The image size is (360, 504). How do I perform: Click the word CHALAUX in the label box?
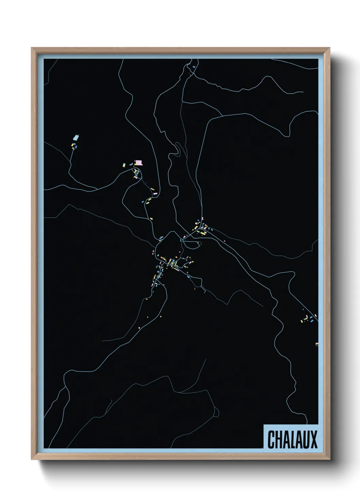(292, 440)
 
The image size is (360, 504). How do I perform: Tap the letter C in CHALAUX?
(272, 440)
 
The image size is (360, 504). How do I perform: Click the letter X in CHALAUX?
(314, 440)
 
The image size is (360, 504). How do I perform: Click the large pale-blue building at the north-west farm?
(76, 138)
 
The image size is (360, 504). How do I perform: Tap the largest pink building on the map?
(138, 162)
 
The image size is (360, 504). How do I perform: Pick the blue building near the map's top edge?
(194, 67)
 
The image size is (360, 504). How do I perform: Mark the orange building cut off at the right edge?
(317, 344)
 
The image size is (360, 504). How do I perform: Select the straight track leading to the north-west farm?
(71, 158)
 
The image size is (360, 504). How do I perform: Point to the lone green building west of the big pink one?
(124, 165)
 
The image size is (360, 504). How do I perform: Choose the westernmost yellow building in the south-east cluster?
(301, 320)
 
